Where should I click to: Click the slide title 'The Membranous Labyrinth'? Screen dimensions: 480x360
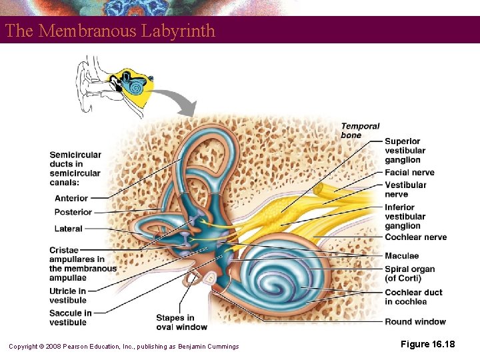[110, 31]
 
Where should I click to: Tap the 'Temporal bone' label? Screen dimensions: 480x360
[360, 131]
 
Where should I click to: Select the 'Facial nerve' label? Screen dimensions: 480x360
[409, 173]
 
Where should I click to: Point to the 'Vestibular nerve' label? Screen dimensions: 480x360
[405, 189]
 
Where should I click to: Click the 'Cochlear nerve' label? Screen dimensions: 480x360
[415, 237]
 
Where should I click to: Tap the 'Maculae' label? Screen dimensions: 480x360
[401, 256]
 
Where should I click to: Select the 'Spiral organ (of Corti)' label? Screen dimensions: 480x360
[409, 274]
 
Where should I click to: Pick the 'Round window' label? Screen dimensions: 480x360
[415, 322]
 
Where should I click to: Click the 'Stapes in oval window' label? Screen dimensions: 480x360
[181, 322]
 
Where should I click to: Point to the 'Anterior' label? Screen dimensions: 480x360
[71, 198]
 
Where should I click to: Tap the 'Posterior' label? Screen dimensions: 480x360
[73, 212]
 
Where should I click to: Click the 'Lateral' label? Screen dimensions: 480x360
[69, 229]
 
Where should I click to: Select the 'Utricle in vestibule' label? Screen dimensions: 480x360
[67, 295]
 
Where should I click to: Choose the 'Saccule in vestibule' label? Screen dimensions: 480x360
[70, 317]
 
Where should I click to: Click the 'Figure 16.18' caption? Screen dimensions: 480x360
[427, 343]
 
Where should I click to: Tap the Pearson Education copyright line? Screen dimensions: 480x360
[123, 346]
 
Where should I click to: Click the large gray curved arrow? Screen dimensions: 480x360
[175, 99]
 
